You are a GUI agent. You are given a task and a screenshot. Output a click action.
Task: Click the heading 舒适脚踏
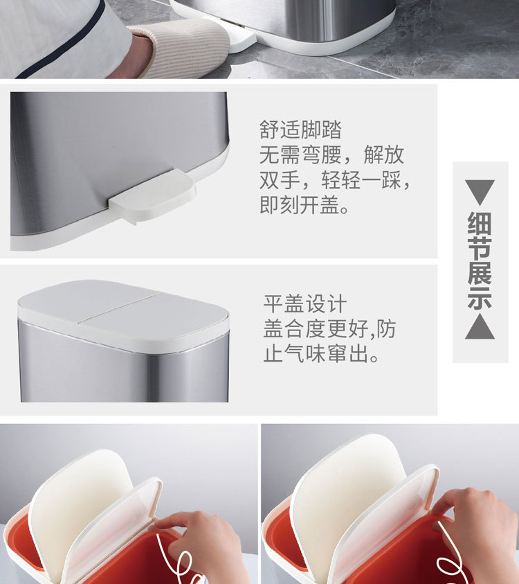tap(300, 130)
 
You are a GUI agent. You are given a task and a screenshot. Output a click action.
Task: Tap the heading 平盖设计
tap(305, 303)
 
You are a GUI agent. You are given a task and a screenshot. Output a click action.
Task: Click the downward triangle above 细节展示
tap(480, 192)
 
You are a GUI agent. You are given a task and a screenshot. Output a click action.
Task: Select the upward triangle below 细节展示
tap(480, 326)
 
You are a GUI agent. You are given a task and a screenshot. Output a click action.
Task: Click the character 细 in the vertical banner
tap(480, 223)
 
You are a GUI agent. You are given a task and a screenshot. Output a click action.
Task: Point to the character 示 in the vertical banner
tap(480, 297)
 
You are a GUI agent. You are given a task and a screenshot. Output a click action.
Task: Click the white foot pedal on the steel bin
tap(152, 195)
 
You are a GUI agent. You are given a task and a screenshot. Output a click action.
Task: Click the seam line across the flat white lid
tap(120, 308)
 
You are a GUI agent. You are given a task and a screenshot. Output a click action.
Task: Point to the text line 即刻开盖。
tap(304, 205)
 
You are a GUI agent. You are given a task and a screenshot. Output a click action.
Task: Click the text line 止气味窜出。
tap(322, 353)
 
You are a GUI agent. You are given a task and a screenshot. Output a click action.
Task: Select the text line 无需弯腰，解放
tap(331, 154)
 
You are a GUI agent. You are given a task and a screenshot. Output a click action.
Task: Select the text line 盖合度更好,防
tap(329, 328)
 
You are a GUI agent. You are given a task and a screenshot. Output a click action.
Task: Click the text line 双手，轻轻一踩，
tap(335, 180)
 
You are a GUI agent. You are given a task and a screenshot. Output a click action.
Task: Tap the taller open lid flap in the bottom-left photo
tap(80, 511)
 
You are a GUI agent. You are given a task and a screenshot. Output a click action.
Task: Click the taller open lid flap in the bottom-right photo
tap(346, 499)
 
